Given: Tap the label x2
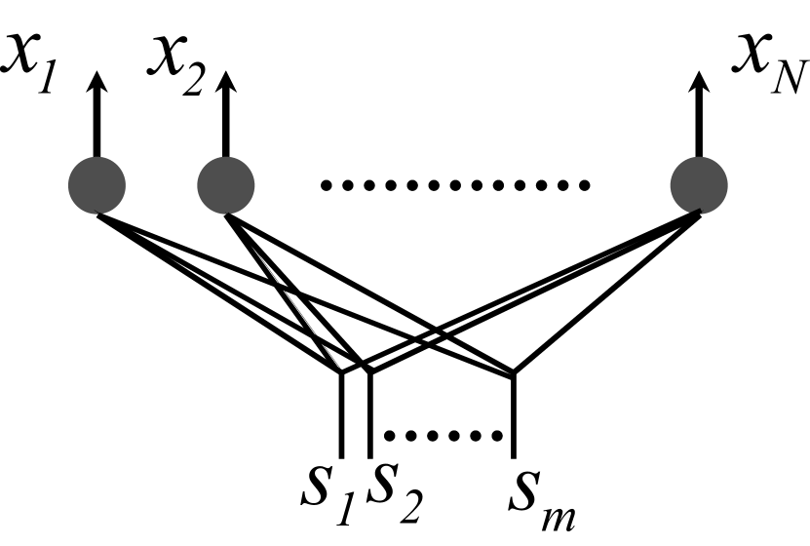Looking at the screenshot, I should tap(180, 65).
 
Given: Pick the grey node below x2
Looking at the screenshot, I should tap(226, 185).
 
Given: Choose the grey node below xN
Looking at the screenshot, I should tap(700, 185).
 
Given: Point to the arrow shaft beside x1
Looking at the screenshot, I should tap(97, 122).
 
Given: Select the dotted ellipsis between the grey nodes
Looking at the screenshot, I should tap(455, 184).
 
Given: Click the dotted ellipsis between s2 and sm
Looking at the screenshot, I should tap(444, 435).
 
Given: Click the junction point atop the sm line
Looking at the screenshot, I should tap(514, 372).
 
